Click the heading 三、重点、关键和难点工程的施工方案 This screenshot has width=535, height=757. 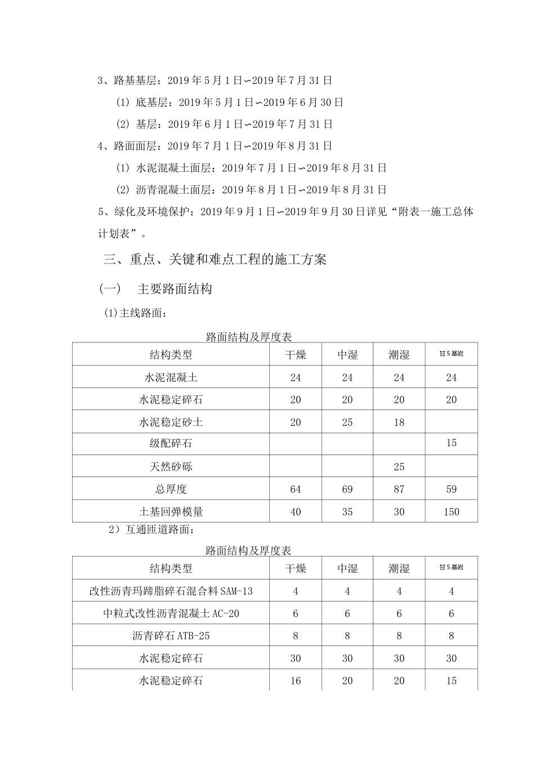[x=215, y=259]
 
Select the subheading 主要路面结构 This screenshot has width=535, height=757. [x=175, y=290]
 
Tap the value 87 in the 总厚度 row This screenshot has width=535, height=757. [x=399, y=489]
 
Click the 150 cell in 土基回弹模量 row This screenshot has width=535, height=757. [x=451, y=512]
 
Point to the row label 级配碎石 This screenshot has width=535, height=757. [x=171, y=444]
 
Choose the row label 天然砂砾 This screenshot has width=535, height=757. [x=171, y=466]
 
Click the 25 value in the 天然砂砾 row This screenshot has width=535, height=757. [x=399, y=466]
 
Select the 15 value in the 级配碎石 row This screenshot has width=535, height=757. [x=451, y=443]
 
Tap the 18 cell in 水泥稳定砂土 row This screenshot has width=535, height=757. [x=399, y=422]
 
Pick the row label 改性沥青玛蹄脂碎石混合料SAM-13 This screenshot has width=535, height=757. [x=171, y=591]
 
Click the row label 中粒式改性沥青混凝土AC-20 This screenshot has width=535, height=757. [x=171, y=613]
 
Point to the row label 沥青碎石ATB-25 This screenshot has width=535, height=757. [x=171, y=636]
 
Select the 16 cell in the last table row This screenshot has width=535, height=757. [x=296, y=681]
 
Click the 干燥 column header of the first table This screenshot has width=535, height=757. [x=296, y=354]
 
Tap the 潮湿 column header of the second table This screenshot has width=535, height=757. [x=399, y=568]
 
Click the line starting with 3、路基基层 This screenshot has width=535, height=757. [x=215, y=81]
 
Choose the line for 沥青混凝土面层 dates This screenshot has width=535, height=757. [x=251, y=190]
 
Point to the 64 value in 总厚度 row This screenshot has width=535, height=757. [x=296, y=489]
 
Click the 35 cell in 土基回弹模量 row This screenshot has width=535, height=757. [x=347, y=512]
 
